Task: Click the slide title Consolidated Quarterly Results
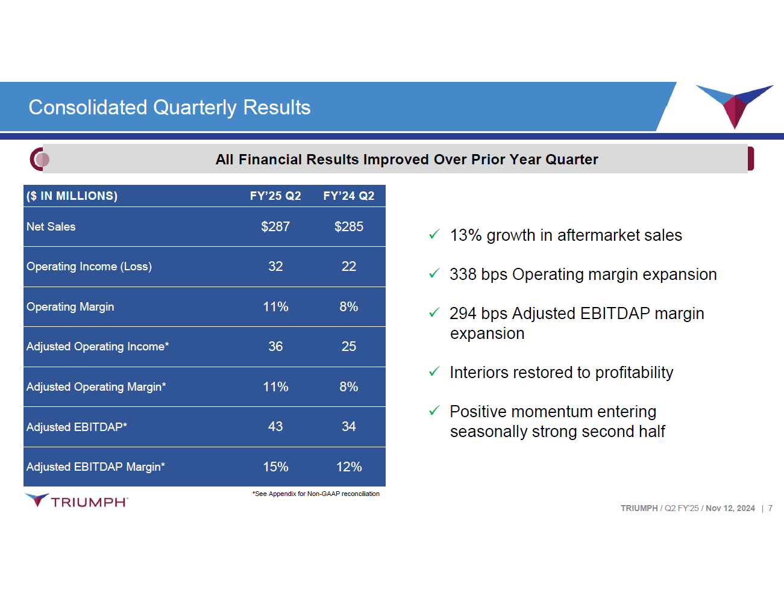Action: coord(169,107)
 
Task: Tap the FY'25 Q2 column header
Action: coord(275,196)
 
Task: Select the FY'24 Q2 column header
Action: coord(348,196)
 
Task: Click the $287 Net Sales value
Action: coord(275,226)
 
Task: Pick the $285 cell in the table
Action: coord(349,226)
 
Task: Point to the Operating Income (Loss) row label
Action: coord(89,266)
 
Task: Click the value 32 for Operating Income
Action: coord(275,266)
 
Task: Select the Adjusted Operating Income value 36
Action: coord(275,346)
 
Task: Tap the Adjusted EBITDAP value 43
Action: coord(275,426)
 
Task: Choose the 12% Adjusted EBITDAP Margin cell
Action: coord(349,467)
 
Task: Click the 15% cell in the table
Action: coord(275,467)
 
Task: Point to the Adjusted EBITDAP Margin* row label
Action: coord(96,467)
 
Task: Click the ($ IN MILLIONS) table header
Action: coord(72,196)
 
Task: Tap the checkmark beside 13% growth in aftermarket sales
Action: coord(434,235)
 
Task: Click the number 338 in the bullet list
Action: coord(463,275)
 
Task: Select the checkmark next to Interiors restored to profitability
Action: coord(434,372)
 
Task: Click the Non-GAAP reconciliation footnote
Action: coord(316,494)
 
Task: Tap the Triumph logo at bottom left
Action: coord(77,501)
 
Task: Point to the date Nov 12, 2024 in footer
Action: coord(730,508)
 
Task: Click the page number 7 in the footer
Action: coord(770,508)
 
